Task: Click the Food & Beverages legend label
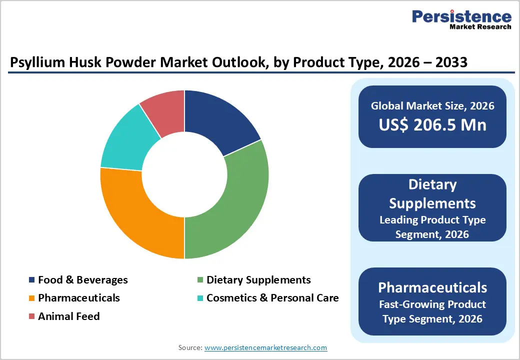pos(83,280)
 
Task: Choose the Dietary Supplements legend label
pos(258,280)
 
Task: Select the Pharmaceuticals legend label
pos(79,298)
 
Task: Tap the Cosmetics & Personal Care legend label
pos(272,298)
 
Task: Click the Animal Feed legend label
pos(69,316)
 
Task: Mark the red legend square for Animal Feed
pos(32,316)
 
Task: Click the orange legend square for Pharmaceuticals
pos(32,298)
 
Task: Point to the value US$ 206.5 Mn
pos(432,124)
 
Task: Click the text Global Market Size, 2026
pos(432,105)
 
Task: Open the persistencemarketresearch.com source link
pos(266,347)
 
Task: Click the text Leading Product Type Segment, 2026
pos(432,226)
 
